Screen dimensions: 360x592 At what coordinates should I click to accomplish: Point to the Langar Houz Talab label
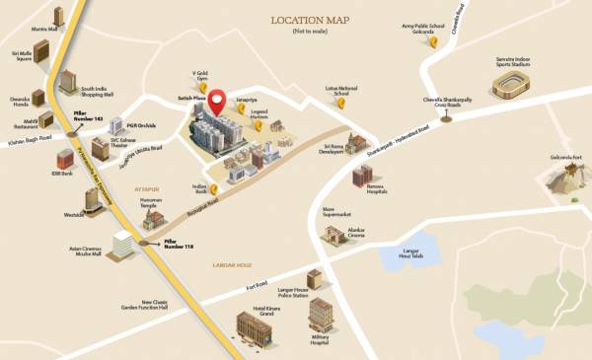coord(411,255)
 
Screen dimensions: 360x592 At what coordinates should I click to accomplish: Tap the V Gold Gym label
coord(202,75)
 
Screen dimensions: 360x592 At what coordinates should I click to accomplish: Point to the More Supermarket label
coord(337,211)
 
